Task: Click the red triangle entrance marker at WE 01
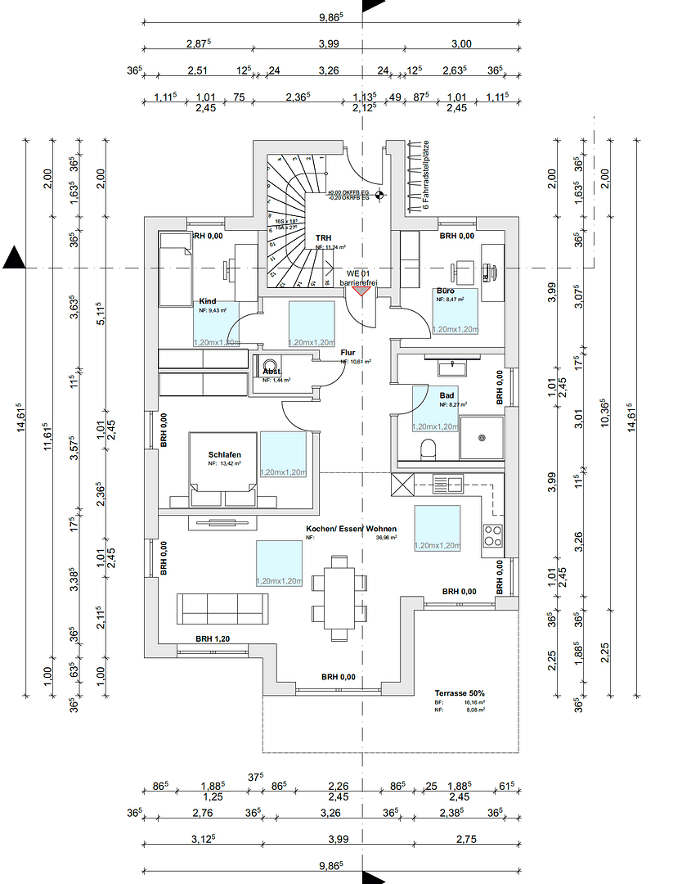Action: pyautogui.click(x=361, y=290)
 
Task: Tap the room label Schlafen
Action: pyautogui.click(x=224, y=454)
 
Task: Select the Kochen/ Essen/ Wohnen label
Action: pyautogui.click(x=351, y=529)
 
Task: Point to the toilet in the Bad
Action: pyautogui.click(x=426, y=449)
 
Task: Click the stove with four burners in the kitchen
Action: pyautogui.click(x=494, y=536)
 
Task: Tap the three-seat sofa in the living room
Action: pyautogui.click(x=222, y=608)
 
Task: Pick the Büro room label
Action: pyautogui.click(x=445, y=291)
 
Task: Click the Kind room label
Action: pyautogui.click(x=208, y=301)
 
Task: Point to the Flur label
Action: pyautogui.click(x=348, y=353)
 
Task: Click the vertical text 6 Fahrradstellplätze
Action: pyautogui.click(x=425, y=175)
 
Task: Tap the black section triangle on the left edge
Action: pyautogui.click(x=14, y=259)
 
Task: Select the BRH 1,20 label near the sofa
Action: pyautogui.click(x=212, y=638)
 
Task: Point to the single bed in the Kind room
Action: pyautogui.click(x=173, y=269)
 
